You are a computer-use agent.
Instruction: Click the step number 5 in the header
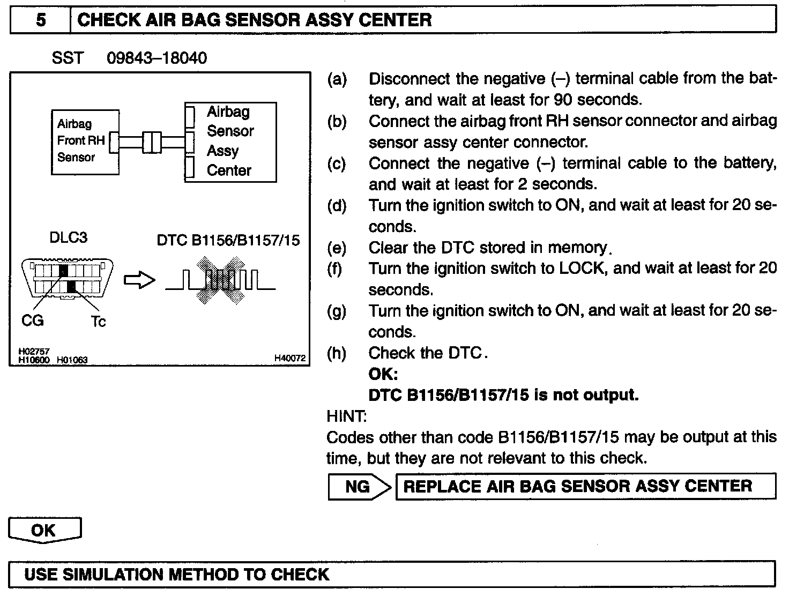tap(41, 20)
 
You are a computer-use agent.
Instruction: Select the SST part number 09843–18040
tap(157, 58)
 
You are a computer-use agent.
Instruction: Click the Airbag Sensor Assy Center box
tap(230, 141)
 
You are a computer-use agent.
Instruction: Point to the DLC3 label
tap(68, 238)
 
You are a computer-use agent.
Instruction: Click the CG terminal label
tap(32, 321)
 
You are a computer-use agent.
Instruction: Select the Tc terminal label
tap(98, 322)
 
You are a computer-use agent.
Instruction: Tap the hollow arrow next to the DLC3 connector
tap(139, 280)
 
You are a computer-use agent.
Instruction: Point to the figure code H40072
tap(290, 358)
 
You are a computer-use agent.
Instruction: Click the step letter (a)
tap(337, 79)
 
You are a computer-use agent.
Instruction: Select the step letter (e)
tap(337, 248)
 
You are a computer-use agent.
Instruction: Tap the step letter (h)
tap(337, 353)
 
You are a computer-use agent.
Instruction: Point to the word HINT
tap(346, 416)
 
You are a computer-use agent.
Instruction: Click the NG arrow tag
tap(359, 487)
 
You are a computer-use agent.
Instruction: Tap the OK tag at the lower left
tap(44, 530)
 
